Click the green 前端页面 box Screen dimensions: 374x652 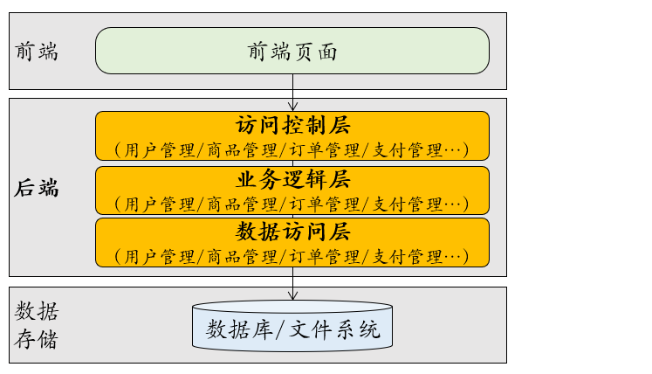pyautogui.click(x=292, y=51)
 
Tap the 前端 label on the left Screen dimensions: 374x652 pyautogui.click(x=37, y=51)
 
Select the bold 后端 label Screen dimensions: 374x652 pyautogui.click(x=38, y=187)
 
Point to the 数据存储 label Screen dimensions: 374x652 pyautogui.click(x=38, y=325)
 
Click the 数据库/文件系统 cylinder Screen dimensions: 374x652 pyautogui.click(x=292, y=329)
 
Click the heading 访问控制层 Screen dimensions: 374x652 pyautogui.click(x=292, y=126)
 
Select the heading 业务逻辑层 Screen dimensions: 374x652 pyautogui.click(x=292, y=180)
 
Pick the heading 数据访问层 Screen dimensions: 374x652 pyautogui.click(x=292, y=232)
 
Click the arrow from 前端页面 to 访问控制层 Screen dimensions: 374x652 pyautogui.click(x=292, y=93)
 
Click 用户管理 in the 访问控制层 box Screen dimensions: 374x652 pyautogui.click(x=160, y=149)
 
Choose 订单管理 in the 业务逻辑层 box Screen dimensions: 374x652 pyautogui.click(x=326, y=204)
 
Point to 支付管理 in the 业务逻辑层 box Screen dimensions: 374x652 pyautogui.click(x=408, y=204)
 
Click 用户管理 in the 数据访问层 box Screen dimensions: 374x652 pyautogui.click(x=160, y=257)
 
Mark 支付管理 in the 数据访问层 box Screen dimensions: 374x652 pyautogui.click(x=408, y=257)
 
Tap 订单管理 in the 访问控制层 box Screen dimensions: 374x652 pyautogui.click(x=326, y=149)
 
